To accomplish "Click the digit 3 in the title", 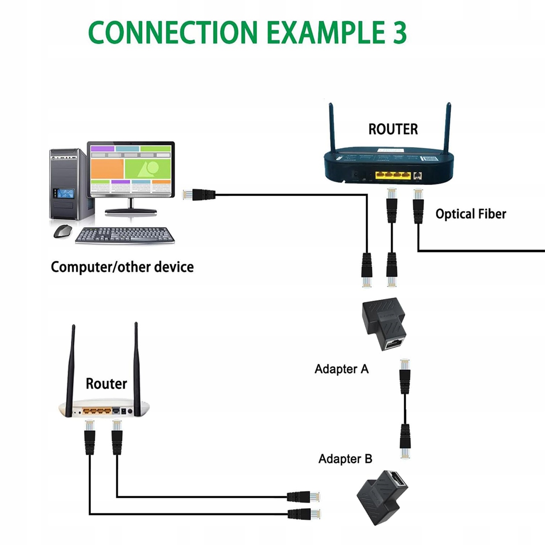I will click(x=398, y=32).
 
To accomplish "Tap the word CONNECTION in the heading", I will click(x=173, y=32).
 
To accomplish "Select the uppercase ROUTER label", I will click(x=393, y=129).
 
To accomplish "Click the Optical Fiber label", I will click(x=471, y=214).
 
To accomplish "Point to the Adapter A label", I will click(x=342, y=369).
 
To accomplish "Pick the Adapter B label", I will click(x=345, y=459).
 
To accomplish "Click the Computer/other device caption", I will click(x=122, y=267).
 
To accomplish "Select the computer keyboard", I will click(x=125, y=235).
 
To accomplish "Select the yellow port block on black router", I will click(x=393, y=175).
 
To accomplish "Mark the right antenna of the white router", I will click(x=136, y=363).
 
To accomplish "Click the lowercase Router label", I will click(x=106, y=384).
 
